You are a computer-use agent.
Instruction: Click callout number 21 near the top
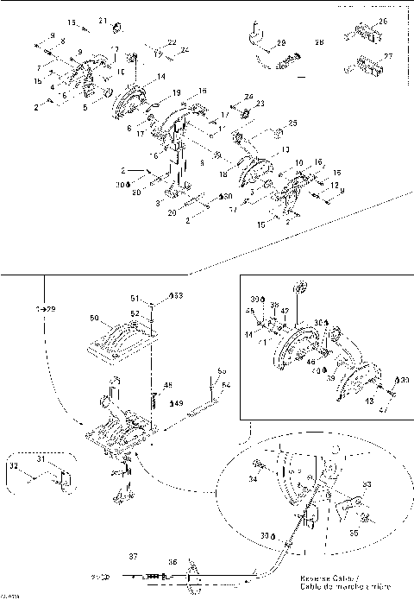(x=102, y=21)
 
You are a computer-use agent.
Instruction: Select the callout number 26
(x=383, y=22)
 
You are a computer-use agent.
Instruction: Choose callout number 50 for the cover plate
(x=94, y=319)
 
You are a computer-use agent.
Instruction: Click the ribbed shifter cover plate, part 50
(x=121, y=344)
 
